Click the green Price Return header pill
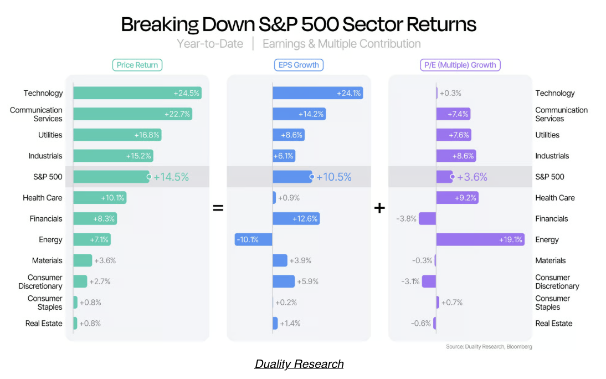(x=137, y=65)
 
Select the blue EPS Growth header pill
(x=299, y=65)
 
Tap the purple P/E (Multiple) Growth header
(x=460, y=65)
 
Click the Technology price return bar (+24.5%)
(x=137, y=93)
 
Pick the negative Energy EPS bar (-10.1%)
(x=254, y=240)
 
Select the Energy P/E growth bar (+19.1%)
(x=480, y=240)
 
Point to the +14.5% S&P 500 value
(x=171, y=177)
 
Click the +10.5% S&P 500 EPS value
(x=334, y=177)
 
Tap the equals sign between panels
(x=218, y=208)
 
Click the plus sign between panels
(x=379, y=208)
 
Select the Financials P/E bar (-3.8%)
(x=427, y=219)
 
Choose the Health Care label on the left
(x=43, y=198)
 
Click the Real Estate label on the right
(x=553, y=324)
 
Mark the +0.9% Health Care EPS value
(x=289, y=198)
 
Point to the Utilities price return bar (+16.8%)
(x=117, y=135)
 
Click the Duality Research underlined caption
(x=299, y=364)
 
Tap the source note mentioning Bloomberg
(x=489, y=347)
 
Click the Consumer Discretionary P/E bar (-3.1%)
(x=429, y=281)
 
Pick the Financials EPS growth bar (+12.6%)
(x=296, y=219)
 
